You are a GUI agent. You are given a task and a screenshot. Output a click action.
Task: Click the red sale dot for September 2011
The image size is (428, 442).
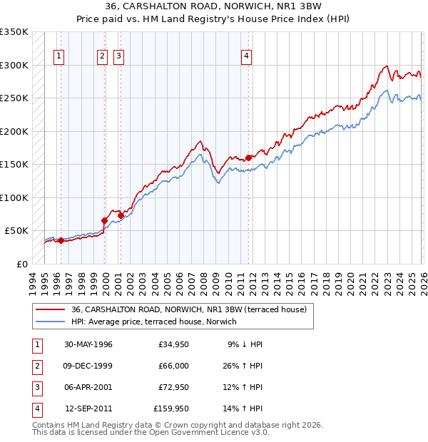(x=248, y=158)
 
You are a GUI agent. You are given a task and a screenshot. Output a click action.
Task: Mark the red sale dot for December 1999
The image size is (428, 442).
(x=104, y=220)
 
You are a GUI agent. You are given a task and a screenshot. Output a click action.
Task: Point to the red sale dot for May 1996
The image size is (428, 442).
(x=61, y=240)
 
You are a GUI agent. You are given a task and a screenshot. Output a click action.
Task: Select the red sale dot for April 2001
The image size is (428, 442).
(x=121, y=215)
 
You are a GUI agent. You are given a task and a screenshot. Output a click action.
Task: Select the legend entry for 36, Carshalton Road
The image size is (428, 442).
(x=188, y=309)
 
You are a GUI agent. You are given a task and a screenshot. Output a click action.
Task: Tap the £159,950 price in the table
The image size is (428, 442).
(x=170, y=408)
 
